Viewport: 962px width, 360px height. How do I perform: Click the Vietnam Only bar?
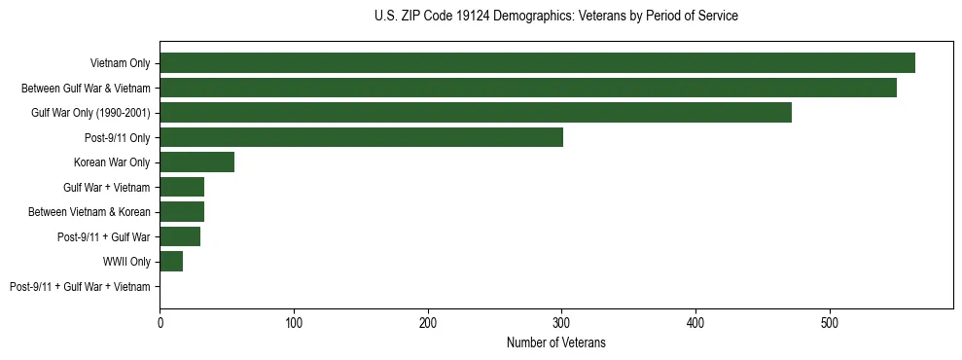point(537,63)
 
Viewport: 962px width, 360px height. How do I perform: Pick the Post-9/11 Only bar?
point(361,137)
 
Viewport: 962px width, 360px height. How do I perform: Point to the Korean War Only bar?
point(196,162)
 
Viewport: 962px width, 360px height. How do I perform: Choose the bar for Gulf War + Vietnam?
point(182,187)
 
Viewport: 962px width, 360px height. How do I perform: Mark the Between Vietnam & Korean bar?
point(182,212)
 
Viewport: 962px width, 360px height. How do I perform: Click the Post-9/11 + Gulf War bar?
point(180,236)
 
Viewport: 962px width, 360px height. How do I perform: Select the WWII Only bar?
point(171,262)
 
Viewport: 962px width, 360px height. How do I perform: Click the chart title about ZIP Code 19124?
point(555,16)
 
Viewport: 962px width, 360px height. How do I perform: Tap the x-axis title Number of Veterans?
point(555,342)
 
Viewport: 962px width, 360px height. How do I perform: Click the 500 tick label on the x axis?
point(829,322)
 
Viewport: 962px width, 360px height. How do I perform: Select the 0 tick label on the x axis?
point(160,322)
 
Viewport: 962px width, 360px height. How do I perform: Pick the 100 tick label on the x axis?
point(294,322)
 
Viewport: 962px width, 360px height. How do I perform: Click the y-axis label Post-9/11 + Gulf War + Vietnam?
point(80,287)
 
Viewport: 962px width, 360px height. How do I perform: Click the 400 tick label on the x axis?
point(695,322)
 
